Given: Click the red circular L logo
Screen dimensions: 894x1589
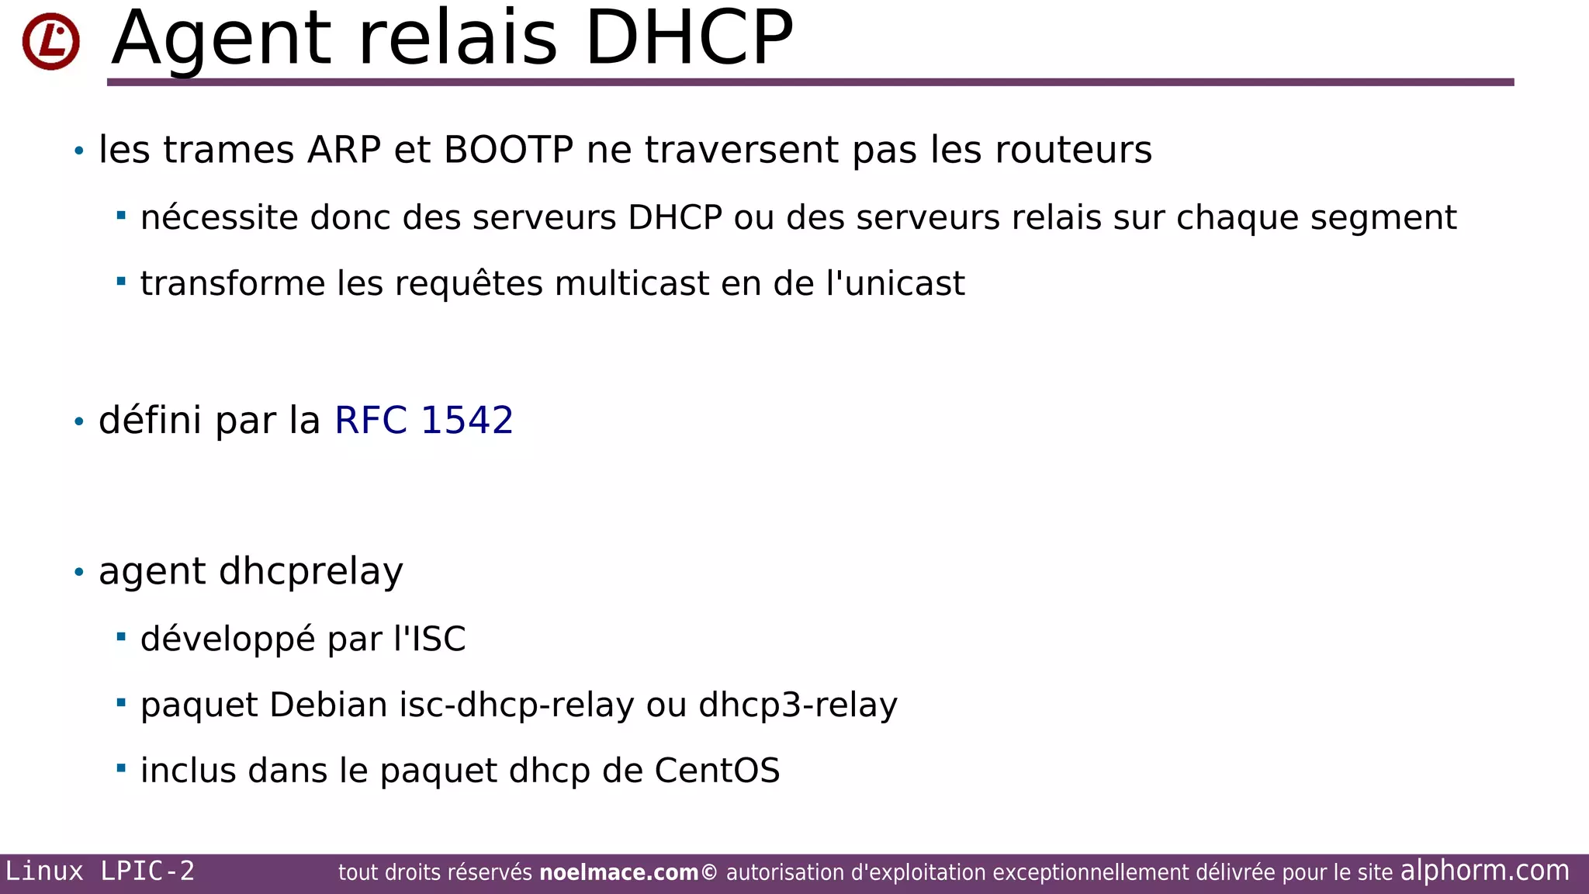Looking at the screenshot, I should (51, 42).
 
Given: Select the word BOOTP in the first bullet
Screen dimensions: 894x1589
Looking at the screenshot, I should (508, 150).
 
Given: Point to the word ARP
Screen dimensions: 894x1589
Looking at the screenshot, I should (344, 150).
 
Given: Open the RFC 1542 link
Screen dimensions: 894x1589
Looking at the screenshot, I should (424, 420).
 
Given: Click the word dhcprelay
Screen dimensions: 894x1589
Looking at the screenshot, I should (311, 572).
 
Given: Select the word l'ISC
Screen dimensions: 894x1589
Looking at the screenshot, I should (430, 639).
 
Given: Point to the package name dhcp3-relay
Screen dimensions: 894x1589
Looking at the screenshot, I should (798, 705).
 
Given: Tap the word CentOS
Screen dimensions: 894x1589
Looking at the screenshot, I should (717, 771).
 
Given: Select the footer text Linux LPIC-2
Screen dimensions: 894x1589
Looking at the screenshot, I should (100, 871).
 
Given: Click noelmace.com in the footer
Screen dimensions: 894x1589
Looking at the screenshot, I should (618, 873).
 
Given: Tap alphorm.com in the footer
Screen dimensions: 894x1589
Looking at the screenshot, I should (1484, 871).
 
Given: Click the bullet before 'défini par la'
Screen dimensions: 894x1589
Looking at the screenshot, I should (78, 421).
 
